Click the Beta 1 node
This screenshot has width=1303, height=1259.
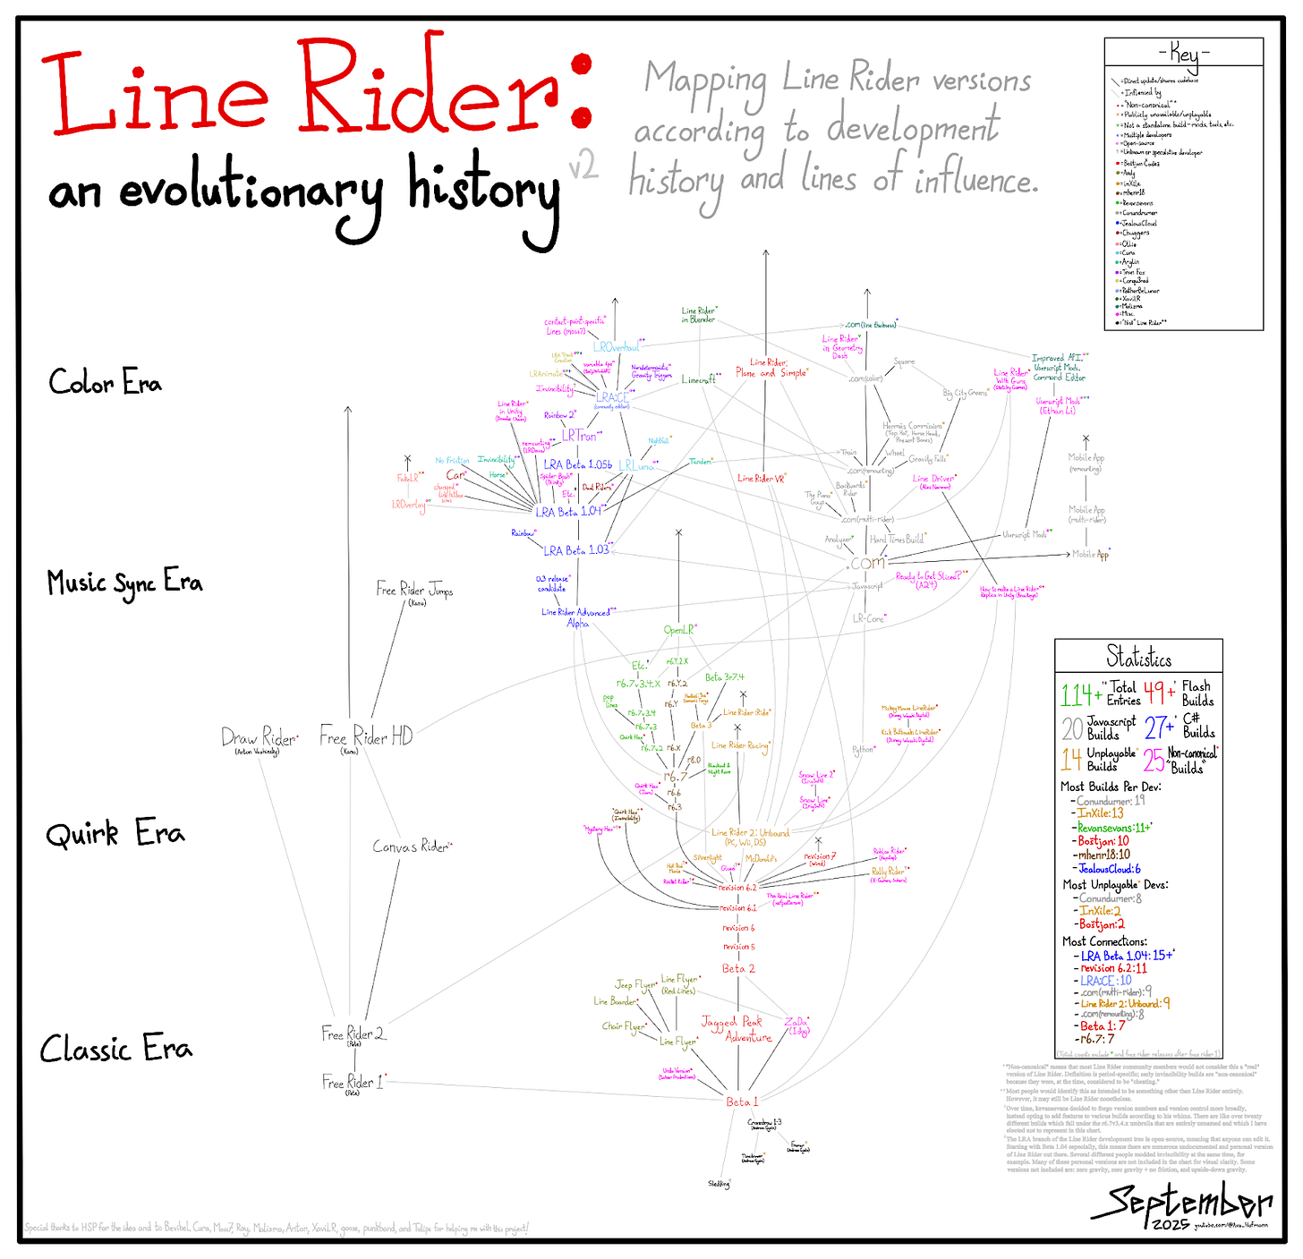tap(742, 1102)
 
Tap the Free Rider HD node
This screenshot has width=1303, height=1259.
tap(366, 737)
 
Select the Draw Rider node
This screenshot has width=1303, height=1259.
tap(258, 738)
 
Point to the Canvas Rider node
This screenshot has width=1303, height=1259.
tap(411, 846)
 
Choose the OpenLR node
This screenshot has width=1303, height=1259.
tap(678, 630)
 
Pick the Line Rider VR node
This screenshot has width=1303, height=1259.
tap(761, 479)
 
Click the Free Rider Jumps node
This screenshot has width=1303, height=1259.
tap(414, 590)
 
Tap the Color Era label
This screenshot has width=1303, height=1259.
tap(105, 383)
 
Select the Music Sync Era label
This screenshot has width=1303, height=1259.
tap(124, 583)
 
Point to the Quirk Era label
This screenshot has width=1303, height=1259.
tap(115, 834)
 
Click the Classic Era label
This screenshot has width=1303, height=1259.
tap(115, 1048)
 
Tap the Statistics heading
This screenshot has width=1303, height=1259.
tap(1138, 659)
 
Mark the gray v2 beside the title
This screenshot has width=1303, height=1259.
tap(583, 166)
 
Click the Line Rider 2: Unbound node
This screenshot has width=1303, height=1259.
tap(750, 833)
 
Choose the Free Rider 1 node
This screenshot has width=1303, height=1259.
tap(353, 1083)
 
